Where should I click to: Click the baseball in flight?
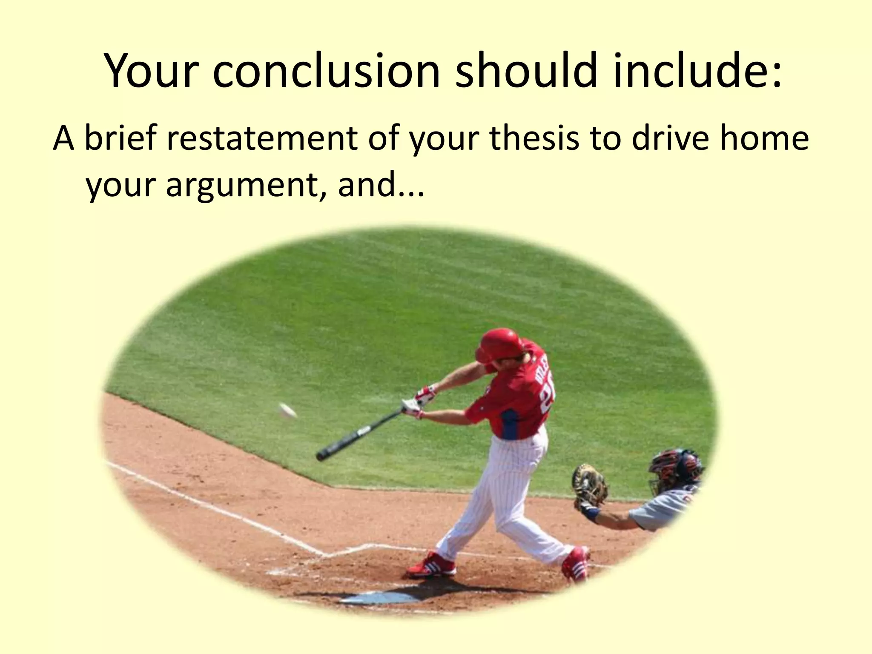tap(288, 410)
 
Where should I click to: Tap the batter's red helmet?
tap(499, 344)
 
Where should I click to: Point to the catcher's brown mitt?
tap(589, 485)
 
